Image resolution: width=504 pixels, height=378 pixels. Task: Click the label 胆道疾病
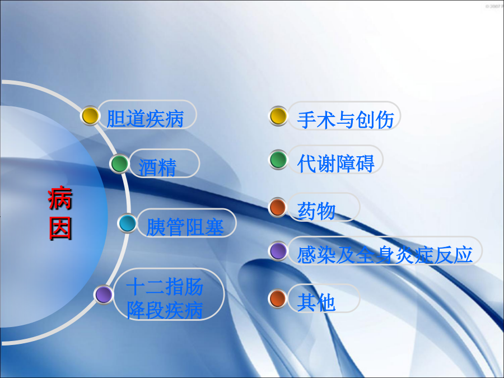[x=145, y=119]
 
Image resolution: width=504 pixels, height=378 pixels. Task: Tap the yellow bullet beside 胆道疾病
[x=90, y=116]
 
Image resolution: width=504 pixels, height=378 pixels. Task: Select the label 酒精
[x=157, y=167]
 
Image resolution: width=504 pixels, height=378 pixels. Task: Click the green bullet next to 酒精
[x=120, y=164]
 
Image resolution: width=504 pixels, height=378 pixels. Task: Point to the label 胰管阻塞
[x=185, y=227]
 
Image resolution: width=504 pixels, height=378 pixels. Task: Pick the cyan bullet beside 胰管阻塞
[x=128, y=223]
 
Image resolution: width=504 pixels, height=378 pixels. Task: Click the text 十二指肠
[x=165, y=286]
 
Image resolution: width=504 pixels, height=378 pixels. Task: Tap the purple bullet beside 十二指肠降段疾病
[x=104, y=295]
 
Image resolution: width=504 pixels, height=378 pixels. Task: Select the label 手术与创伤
[x=346, y=120]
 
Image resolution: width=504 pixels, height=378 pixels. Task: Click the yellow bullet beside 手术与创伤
[x=278, y=116]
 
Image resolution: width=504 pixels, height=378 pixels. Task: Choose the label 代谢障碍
[x=336, y=164]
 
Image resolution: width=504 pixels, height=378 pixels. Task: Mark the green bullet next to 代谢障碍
[x=278, y=160]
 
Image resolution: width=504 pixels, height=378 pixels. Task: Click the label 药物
[x=316, y=211]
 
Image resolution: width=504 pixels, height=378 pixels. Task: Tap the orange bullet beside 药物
[x=278, y=207]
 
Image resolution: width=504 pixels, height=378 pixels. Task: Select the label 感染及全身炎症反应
[x=385, y=255]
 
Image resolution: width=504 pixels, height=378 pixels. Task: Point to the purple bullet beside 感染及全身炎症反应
[x=278, y=251]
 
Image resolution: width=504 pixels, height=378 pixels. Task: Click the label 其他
[x=316, y=302]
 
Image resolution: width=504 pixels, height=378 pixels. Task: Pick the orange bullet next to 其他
[x=278, y=298]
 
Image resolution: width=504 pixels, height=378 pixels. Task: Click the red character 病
[x=60, y=198]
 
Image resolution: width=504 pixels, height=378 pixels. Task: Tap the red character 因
[x=60, y=228]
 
